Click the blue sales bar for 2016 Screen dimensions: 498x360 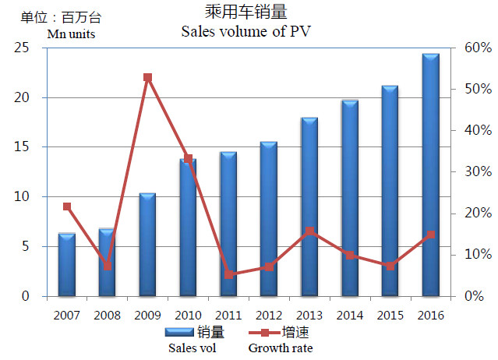[x=431, y=175]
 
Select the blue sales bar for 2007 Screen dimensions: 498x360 [x=67, y=265]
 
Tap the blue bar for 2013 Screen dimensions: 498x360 [x=309, y=207]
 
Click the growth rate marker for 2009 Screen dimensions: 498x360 [x=147, y=77]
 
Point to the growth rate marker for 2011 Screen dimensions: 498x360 [x=228, y=274]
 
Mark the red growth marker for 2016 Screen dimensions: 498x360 [x=431, y=235]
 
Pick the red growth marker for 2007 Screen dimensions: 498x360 [x=67, y=206]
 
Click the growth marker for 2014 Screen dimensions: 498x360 [x=350, y=256]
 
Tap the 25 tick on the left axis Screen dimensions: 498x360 [x=21, y=48]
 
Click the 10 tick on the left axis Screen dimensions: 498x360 [x=21, y=197]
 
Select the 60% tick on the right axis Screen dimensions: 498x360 [x=478, y=48]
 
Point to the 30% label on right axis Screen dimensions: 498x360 [x=478, y=171]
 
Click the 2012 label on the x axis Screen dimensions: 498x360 [x=269, y=316]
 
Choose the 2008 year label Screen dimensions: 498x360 [x=107, y=316]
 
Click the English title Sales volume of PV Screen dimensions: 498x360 [x=245, y=31]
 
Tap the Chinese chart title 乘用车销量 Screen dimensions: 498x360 [x=246, y=12]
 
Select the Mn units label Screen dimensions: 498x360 [x=71, y=34]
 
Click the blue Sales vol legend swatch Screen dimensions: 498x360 [x=179, y=332]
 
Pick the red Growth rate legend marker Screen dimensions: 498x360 [x=264, y=333]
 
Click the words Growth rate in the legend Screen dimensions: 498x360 [x=281, y=348]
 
